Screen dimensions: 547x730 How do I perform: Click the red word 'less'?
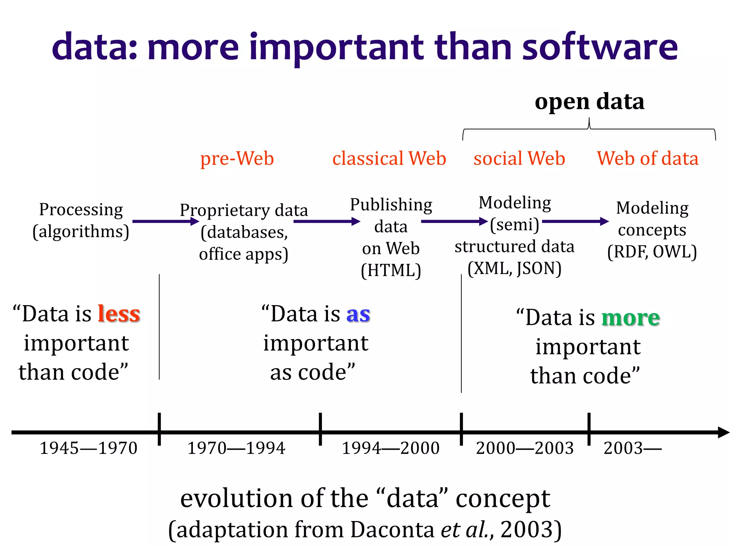119,314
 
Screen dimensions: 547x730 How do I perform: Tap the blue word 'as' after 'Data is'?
358,314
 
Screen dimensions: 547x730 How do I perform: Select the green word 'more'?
631,318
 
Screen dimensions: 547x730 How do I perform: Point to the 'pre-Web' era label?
237,158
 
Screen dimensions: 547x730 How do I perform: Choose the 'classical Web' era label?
389,158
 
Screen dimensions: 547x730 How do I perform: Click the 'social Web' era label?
519,158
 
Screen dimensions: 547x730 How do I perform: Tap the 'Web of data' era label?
647,158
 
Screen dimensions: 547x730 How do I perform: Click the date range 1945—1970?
88,448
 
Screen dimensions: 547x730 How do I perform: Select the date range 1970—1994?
236,448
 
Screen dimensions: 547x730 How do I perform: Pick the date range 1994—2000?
390,448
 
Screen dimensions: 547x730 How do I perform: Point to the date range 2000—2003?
524,448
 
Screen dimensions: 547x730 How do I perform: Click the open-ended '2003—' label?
632,448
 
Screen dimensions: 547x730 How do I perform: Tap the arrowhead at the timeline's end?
724,432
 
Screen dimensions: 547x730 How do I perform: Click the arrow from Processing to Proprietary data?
165,222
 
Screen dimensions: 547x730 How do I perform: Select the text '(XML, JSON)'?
514,269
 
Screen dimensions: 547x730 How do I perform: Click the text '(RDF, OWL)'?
652,252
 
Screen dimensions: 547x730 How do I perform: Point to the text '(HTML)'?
391,270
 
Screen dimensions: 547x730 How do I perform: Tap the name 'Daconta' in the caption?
392,530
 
